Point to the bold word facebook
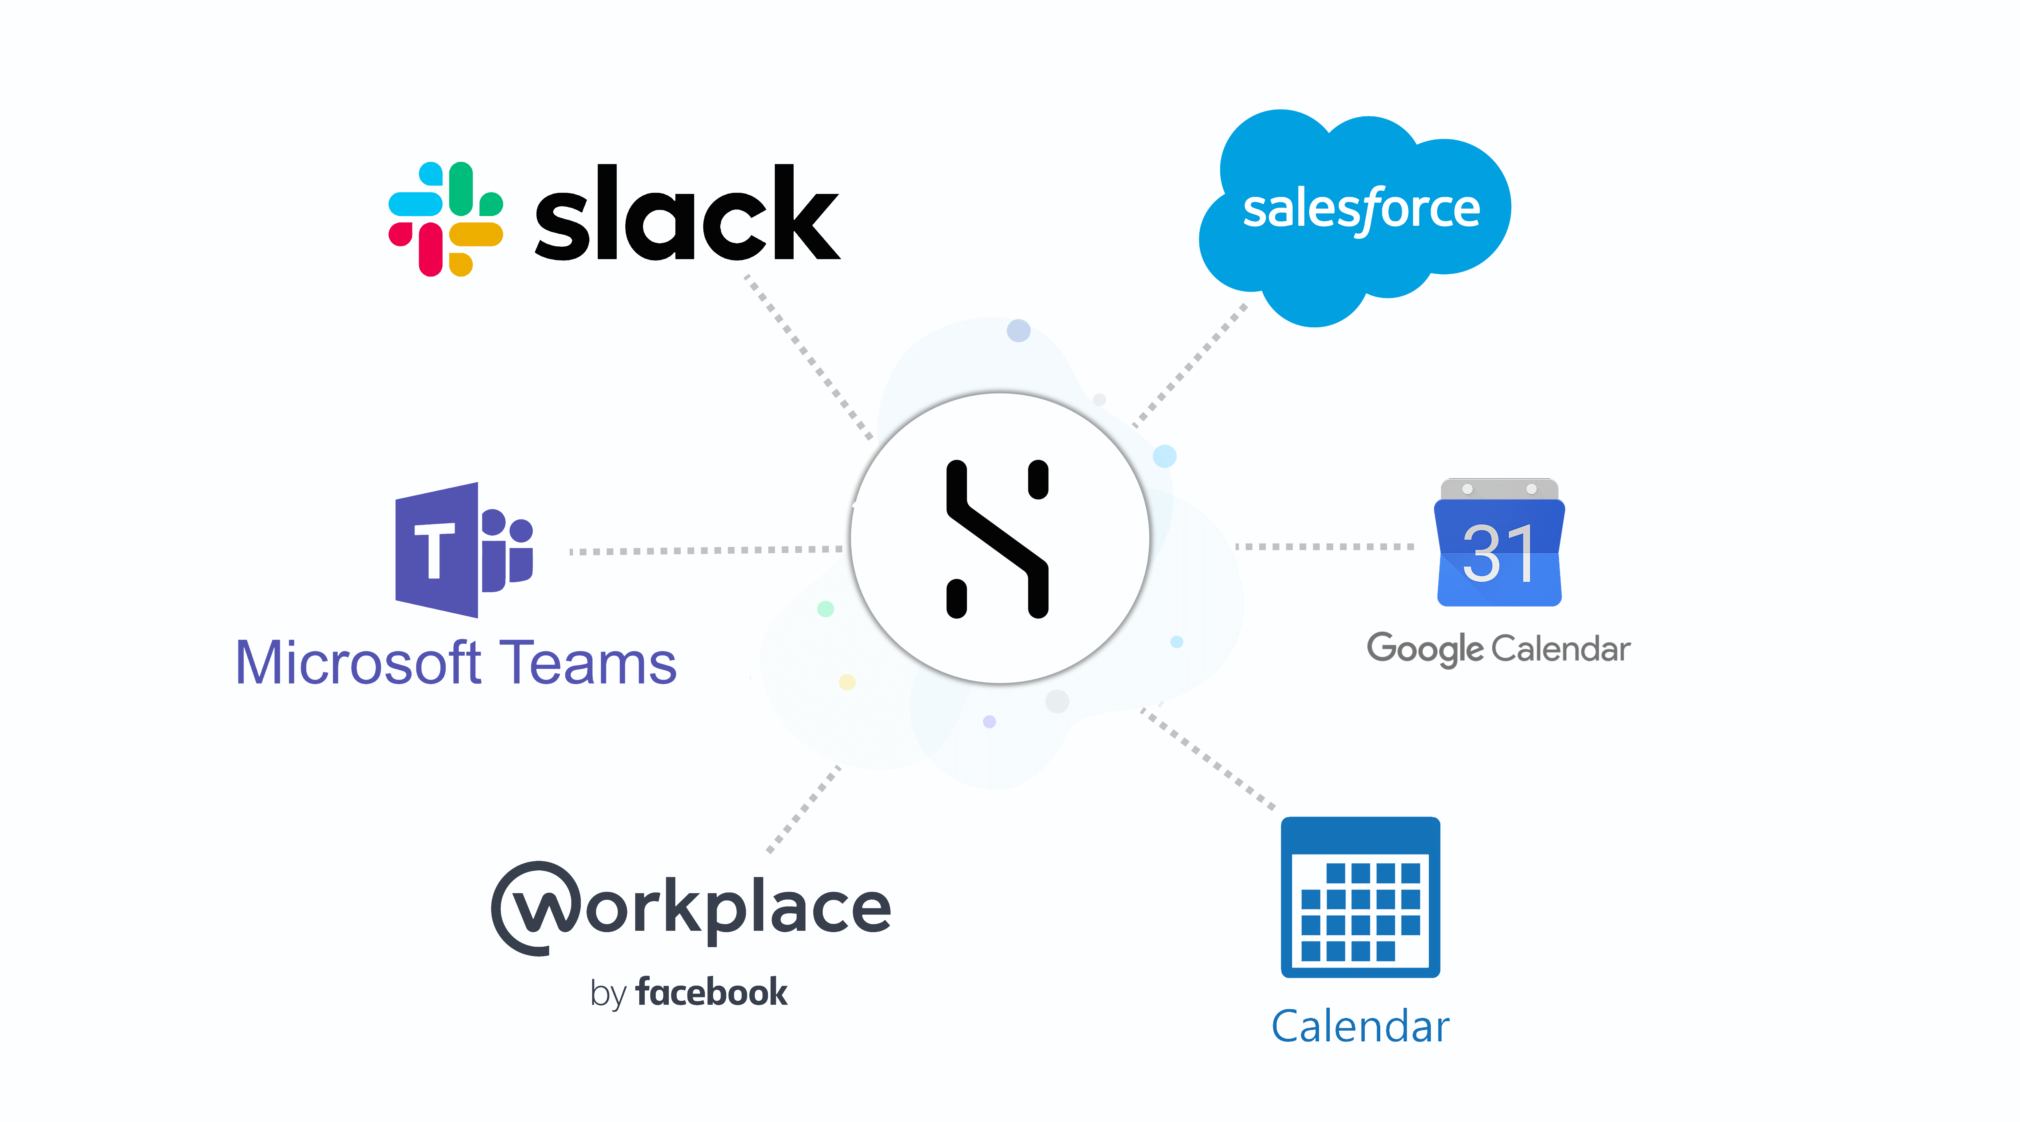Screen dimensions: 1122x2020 [711, 993]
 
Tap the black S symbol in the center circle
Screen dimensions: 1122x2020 [997, 539]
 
